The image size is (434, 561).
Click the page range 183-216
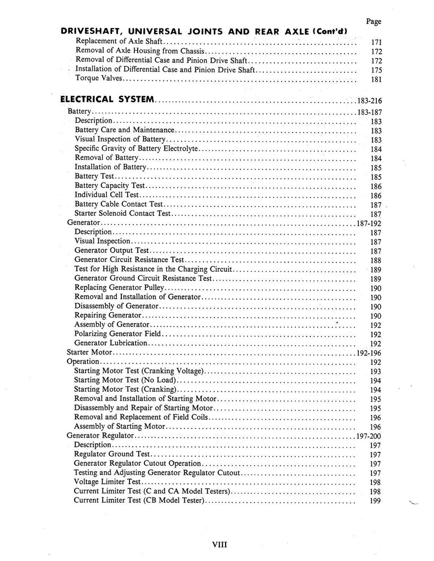366,101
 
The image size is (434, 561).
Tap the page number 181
376,79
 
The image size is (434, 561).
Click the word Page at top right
373,21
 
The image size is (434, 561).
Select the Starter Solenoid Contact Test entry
123,214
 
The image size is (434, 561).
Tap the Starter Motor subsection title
89,352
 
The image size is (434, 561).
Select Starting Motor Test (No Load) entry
125,380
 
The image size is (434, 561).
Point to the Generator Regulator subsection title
100,436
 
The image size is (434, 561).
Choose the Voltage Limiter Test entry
108,482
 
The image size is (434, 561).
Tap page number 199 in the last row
376,501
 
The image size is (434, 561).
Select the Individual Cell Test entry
108,195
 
